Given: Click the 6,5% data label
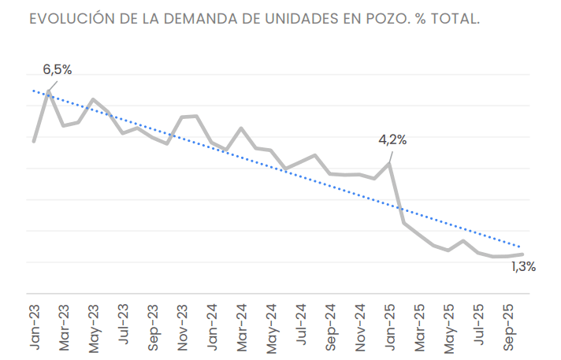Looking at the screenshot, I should click(x=57, y=70).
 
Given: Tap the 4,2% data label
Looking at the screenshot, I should click(x=392, y=140).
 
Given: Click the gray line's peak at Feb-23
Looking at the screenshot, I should click(x=49, y=91).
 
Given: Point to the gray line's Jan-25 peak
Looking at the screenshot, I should click(x=389, y=163).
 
